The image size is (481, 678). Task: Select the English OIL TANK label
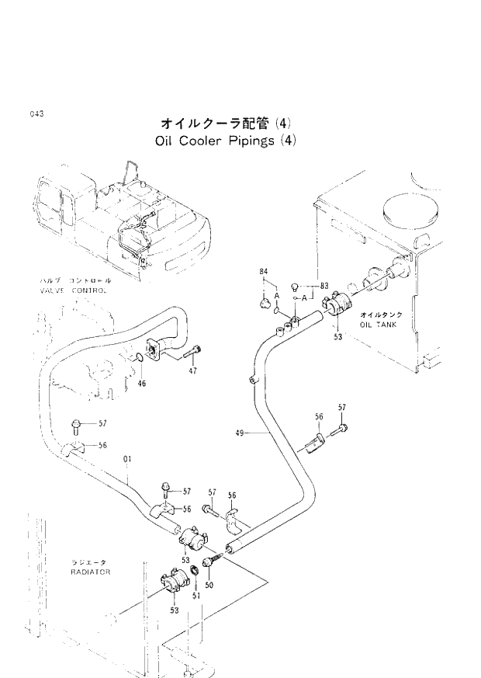tap(378, 325)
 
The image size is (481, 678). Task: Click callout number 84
tap(263, 271)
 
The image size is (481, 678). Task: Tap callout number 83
tap(324, 285)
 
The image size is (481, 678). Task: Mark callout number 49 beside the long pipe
tap(238, 433)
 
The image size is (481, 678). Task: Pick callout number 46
tap(142, 383)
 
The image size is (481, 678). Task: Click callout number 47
tap(192, 371)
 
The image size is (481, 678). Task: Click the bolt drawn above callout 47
tap(193, 355)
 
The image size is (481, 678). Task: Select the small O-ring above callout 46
tap(137, 358)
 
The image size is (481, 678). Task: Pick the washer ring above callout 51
tap(193, 574)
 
